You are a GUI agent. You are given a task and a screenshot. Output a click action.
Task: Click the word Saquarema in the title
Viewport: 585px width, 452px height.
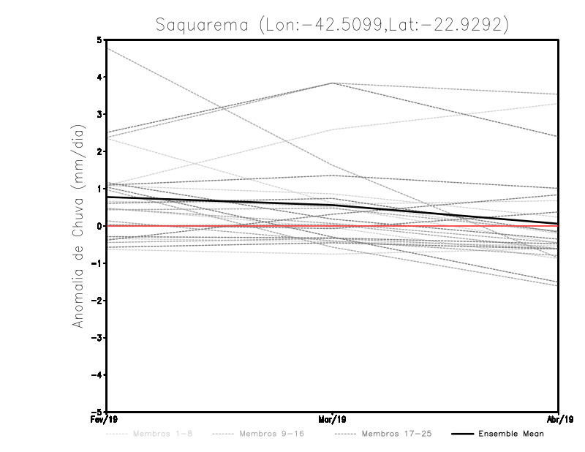click(203, 25)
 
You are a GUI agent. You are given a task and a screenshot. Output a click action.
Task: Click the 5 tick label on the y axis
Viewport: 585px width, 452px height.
click(99, 40)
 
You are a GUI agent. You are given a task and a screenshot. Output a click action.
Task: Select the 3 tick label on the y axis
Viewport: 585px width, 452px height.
click(99, 115)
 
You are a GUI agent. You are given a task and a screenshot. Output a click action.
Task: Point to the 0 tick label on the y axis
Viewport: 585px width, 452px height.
click(99, 226)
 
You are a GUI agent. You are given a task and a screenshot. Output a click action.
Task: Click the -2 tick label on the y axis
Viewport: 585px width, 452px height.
click(97, 301)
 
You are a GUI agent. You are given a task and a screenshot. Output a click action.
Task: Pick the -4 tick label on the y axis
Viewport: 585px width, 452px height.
click(97, 374)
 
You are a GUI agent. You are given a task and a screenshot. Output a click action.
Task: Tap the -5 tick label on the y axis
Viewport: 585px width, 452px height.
click(97, 412)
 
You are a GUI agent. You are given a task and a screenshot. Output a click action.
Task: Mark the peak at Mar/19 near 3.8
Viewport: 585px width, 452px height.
click(333, 83)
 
